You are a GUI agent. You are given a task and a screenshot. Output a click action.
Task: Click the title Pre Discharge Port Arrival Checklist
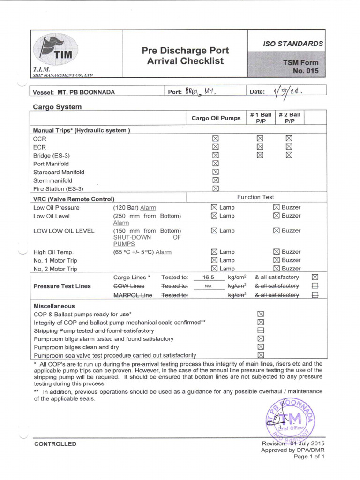coord(185,56)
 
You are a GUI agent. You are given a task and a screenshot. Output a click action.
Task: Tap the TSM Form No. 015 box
coord(300,67)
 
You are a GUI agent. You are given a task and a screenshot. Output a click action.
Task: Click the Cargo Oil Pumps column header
coord(216,118)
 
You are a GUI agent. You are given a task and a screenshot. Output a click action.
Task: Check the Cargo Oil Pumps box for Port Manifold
coord(216,164)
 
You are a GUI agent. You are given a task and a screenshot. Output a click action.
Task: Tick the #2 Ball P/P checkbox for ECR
coord(289,147)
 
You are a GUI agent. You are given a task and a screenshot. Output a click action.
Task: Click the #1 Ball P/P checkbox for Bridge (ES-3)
coord(260,155)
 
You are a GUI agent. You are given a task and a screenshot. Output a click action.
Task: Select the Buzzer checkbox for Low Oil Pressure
coord(277,207)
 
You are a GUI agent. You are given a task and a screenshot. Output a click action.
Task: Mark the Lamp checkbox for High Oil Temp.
coord(214,252)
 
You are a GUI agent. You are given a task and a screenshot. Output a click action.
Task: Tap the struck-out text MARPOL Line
coord(133,295)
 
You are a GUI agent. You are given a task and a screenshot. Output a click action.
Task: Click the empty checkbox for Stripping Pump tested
coord(261,330)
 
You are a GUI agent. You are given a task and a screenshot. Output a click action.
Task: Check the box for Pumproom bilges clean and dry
coord(261,347)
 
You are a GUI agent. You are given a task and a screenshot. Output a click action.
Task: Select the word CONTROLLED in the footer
coord(55,444)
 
